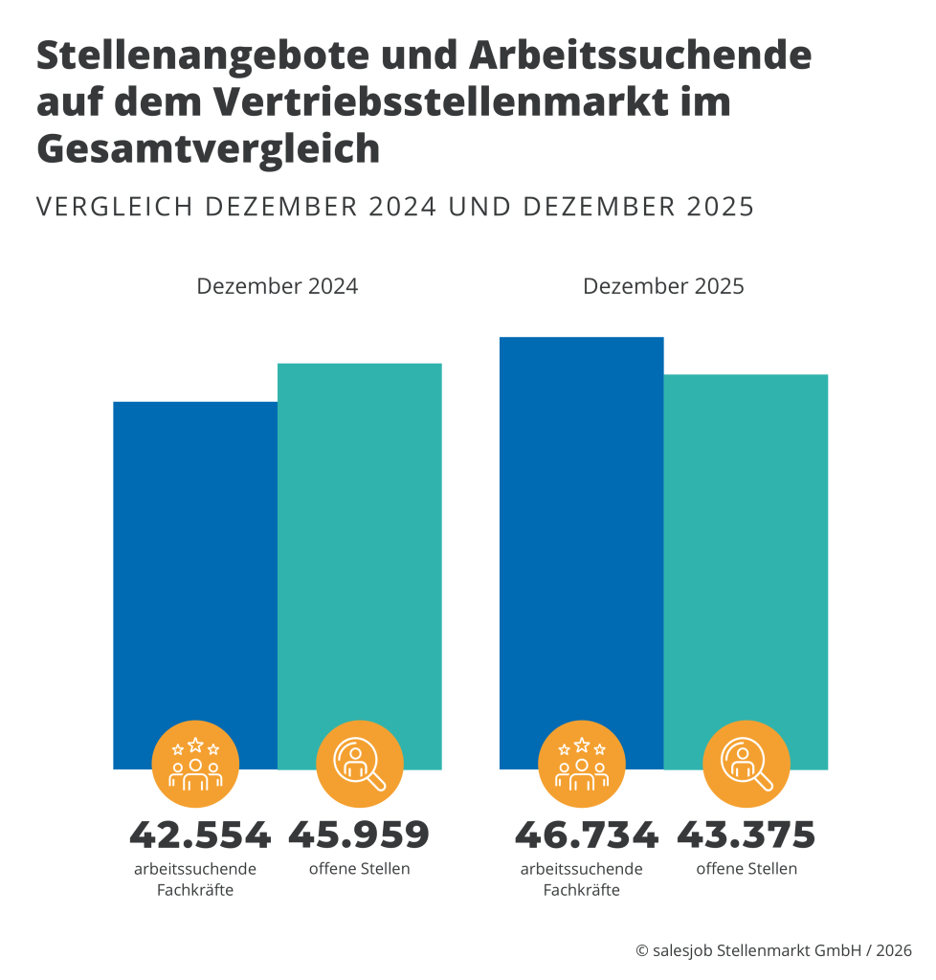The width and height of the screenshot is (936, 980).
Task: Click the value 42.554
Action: point(200,835)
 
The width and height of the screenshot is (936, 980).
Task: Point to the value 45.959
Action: point(359,835)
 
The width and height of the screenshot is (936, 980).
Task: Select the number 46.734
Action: point(586,835)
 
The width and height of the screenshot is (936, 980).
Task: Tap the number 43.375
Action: point(746,835)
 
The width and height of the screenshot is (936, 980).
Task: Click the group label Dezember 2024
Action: point(277,286)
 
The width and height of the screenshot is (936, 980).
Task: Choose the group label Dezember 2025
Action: point(663,286)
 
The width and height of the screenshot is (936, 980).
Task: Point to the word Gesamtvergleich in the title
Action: point(208,149)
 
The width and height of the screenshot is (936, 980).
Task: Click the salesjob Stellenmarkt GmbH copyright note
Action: point(773,950)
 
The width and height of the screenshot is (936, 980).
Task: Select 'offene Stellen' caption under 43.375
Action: point(747,869)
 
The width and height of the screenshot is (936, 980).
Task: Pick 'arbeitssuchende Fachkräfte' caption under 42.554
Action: point(195,880)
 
